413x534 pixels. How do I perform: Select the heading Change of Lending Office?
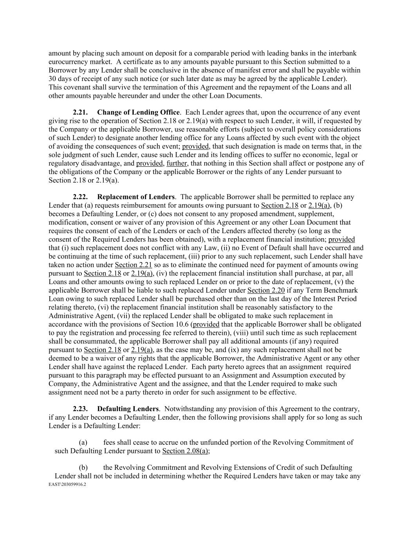[138, 112]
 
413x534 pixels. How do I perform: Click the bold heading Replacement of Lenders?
[135, 197]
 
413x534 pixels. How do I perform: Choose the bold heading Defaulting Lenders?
[128, 409]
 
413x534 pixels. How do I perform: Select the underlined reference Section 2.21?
[131, 265]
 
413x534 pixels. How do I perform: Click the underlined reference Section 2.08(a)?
[186, 451]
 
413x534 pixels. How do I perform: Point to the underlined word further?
[177, 163]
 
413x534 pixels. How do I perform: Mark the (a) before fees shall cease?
[83, 442]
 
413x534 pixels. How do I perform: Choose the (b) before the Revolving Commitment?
[83, 468]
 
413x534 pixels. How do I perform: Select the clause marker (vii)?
[130, 316]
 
